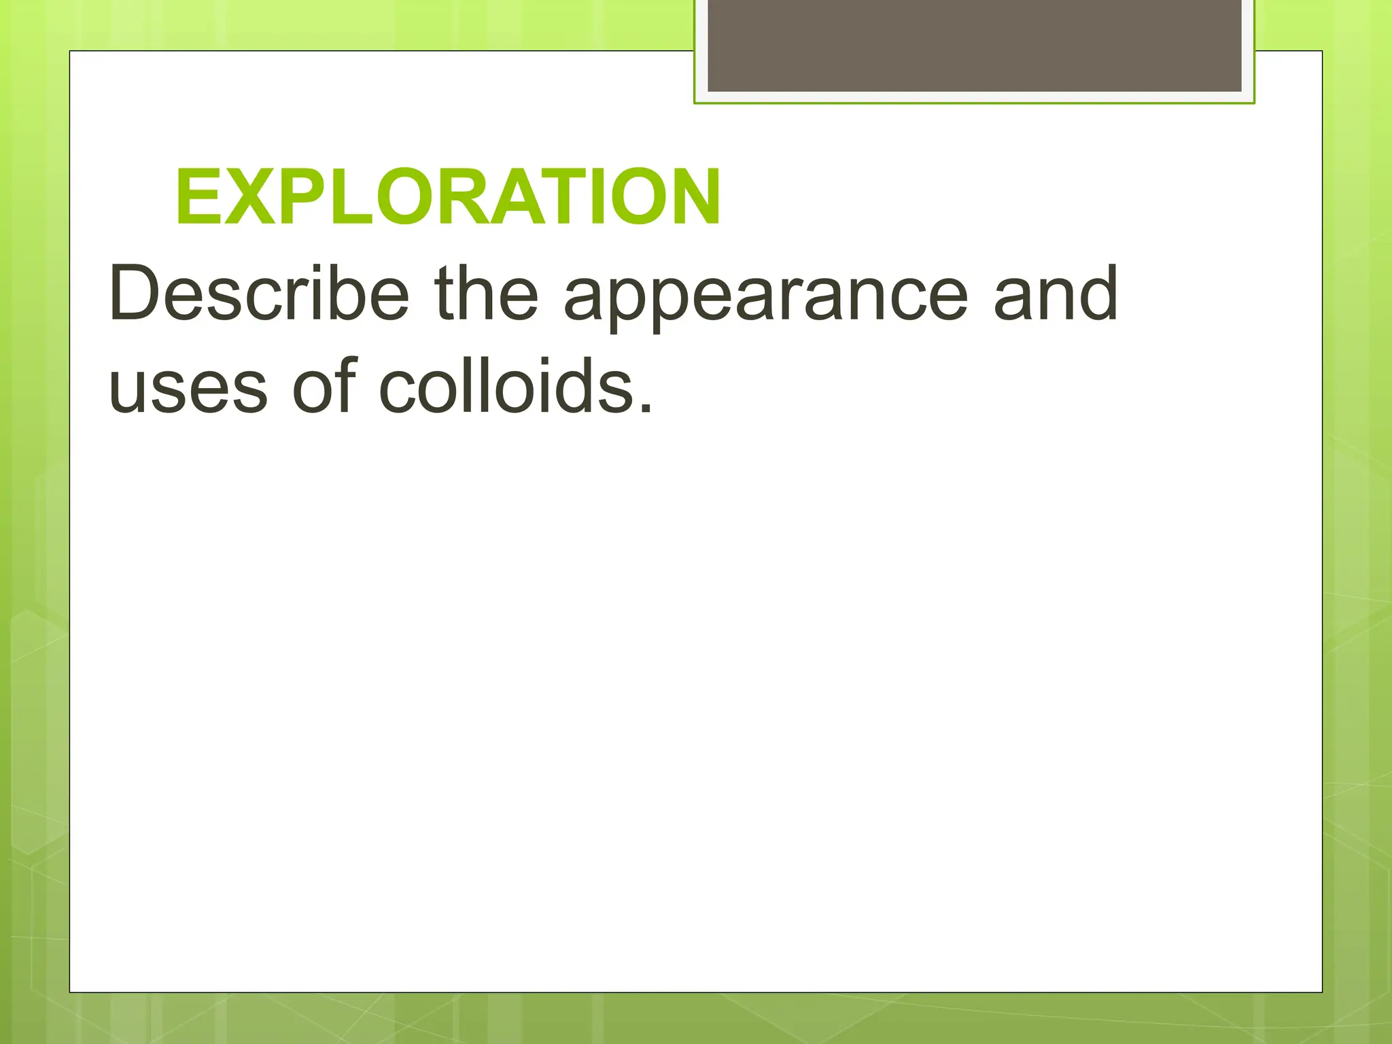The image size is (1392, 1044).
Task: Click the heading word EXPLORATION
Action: [448, 198]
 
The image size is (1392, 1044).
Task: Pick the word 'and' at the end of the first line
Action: [1055, 294]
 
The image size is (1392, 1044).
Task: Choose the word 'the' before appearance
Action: [486, 294]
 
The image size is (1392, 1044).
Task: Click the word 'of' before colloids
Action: [325, 385]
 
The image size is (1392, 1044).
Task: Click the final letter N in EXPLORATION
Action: [695, 198]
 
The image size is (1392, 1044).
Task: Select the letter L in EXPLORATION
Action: [350, 198]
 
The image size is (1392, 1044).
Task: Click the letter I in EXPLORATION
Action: [600, 198]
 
